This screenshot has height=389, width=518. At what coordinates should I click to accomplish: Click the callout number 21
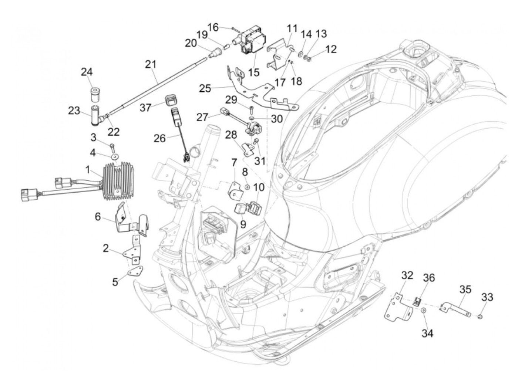pos(150,65)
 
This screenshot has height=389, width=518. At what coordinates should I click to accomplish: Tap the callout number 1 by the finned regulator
pos(88,170)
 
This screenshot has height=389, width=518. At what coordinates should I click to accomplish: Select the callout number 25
pos(205,88)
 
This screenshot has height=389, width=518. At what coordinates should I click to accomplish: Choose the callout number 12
pos(331,49)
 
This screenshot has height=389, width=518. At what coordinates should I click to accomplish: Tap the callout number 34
pos(427,333)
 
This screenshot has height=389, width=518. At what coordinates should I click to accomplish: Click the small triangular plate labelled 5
pos(137,272)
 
